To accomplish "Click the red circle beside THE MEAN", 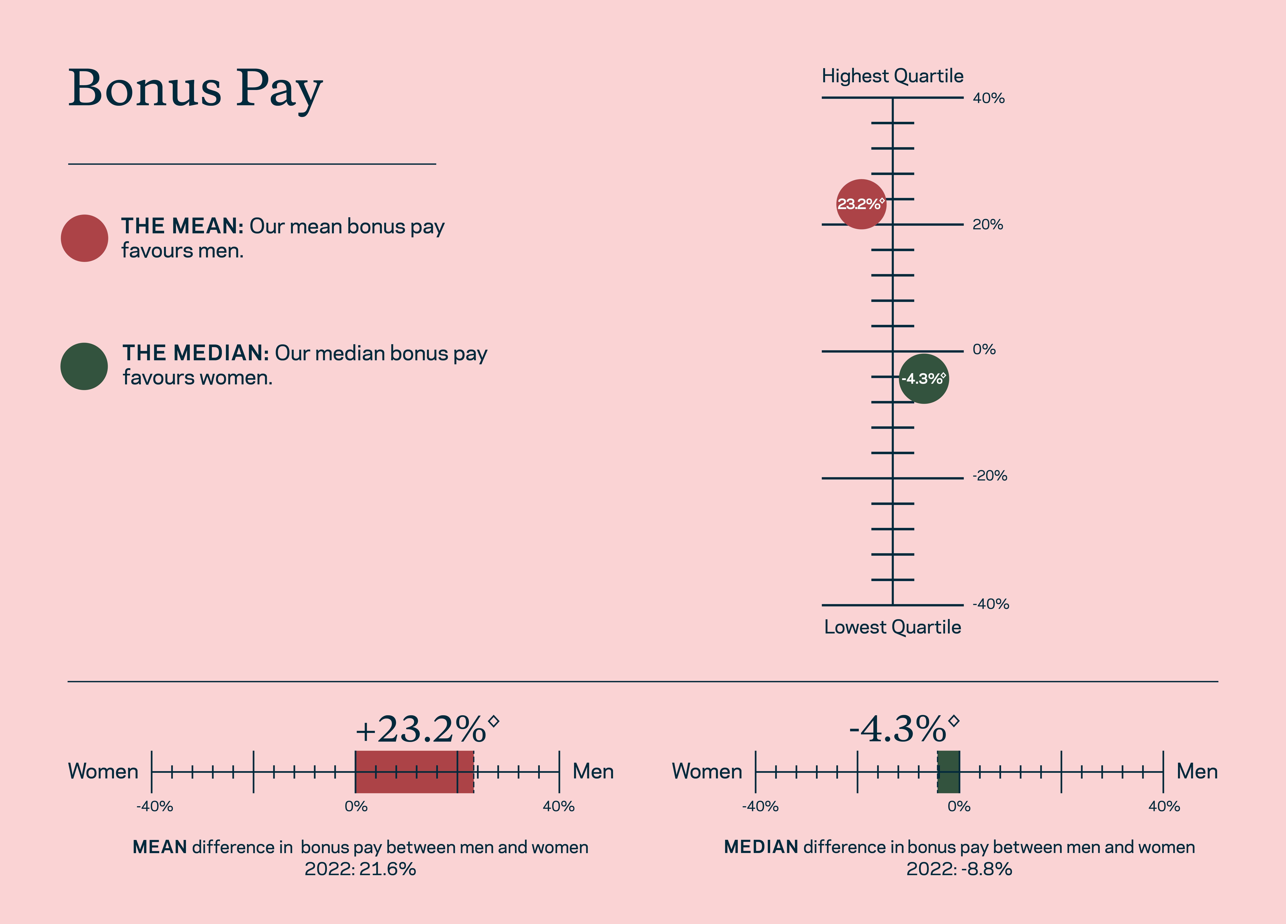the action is click(x=85, y=238).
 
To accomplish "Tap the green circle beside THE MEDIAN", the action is click(x=84, y=366).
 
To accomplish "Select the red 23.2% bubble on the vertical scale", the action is click(x=861, y=204).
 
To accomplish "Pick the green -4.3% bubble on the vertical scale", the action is click(x=924, y=379).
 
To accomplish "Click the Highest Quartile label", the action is click(x=892, y=76).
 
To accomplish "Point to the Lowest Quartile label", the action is click(x=892, y=627).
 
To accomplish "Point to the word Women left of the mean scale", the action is click(x=103, y=771).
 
